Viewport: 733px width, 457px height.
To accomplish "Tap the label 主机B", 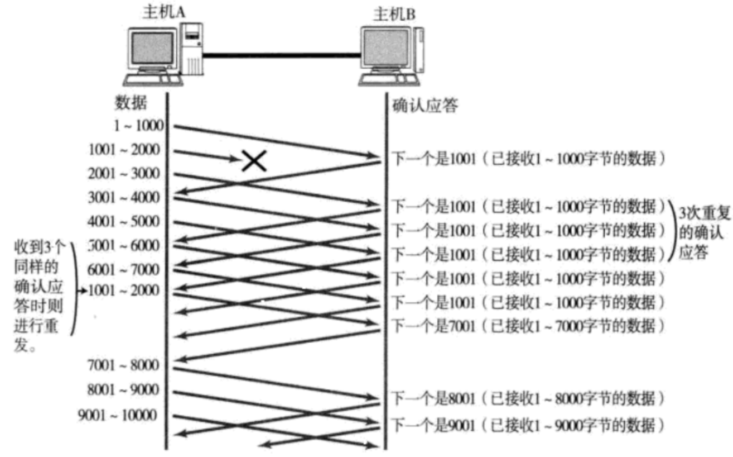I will (x=394, y=13).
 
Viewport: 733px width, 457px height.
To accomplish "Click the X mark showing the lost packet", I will (x=254, y=161).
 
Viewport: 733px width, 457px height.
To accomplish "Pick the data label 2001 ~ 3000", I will (x=123, y=174).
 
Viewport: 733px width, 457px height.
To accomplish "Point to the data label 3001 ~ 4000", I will (x=123, y=198).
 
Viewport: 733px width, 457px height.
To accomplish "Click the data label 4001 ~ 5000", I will (x=123, y=222).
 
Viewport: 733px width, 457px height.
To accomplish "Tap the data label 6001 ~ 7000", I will (x=123, y=270).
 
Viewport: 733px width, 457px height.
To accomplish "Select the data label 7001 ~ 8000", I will (x=123, y=365).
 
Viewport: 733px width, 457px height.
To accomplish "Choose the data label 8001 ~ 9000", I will (x=123, y=389).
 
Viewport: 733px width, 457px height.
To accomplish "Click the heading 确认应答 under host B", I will (x=426, y=106).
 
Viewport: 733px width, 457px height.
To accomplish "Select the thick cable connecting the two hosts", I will (x=282, y=54).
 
